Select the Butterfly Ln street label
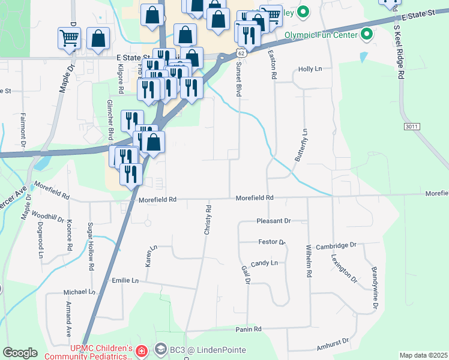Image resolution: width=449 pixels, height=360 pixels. click(x=301, y=145)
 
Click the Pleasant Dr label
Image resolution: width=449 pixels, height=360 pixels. click(x=273, y=221)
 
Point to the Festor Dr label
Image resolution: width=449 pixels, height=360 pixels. click(x=271, y=242)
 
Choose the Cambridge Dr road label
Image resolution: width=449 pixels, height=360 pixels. click(x=336, y=245)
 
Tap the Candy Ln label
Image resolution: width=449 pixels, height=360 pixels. click(x=264, y=263)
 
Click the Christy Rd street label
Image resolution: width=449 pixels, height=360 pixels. click(x=208, y=220)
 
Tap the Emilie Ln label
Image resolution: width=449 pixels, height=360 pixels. click(x=125, y=280)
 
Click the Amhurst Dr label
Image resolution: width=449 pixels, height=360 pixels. click(x=333, y=344)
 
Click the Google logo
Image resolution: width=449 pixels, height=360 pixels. click(x=20, y=353)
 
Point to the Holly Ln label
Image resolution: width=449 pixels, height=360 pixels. click(x=310, y=69)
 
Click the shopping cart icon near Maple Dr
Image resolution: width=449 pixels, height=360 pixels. click(x=68, y=38)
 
